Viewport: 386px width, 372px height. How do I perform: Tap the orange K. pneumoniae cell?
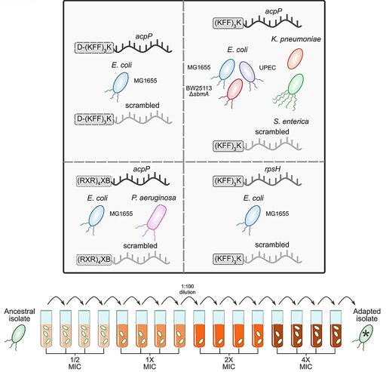click(x=295, y=58)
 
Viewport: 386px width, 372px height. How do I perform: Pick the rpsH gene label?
click(x=272, y=171)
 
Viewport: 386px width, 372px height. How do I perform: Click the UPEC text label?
click(x=267, y=68)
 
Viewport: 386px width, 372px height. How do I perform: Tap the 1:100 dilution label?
click(x=188, y=289)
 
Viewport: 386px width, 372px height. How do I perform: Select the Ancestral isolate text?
click(x=20, y=315)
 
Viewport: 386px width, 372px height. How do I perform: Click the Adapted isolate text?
click(x=366, y=315)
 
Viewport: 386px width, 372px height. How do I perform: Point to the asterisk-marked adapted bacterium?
click(x=365, y=335)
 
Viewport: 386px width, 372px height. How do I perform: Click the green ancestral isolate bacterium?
click(x=17, y=336)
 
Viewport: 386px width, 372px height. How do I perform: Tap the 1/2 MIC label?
click(x=75, y=362)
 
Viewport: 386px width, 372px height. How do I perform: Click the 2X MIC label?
click(x=229, y=362)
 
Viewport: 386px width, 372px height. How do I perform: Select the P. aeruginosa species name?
click(x=154, y=198)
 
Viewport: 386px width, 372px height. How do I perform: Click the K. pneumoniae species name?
click(x=296, y=39)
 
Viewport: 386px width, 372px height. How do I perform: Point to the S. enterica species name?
click(x=291, y=121)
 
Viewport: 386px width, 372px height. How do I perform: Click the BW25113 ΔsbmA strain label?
click(x=199, y=91)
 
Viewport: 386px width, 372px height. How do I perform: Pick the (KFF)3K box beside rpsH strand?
click(x=228, y=181)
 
